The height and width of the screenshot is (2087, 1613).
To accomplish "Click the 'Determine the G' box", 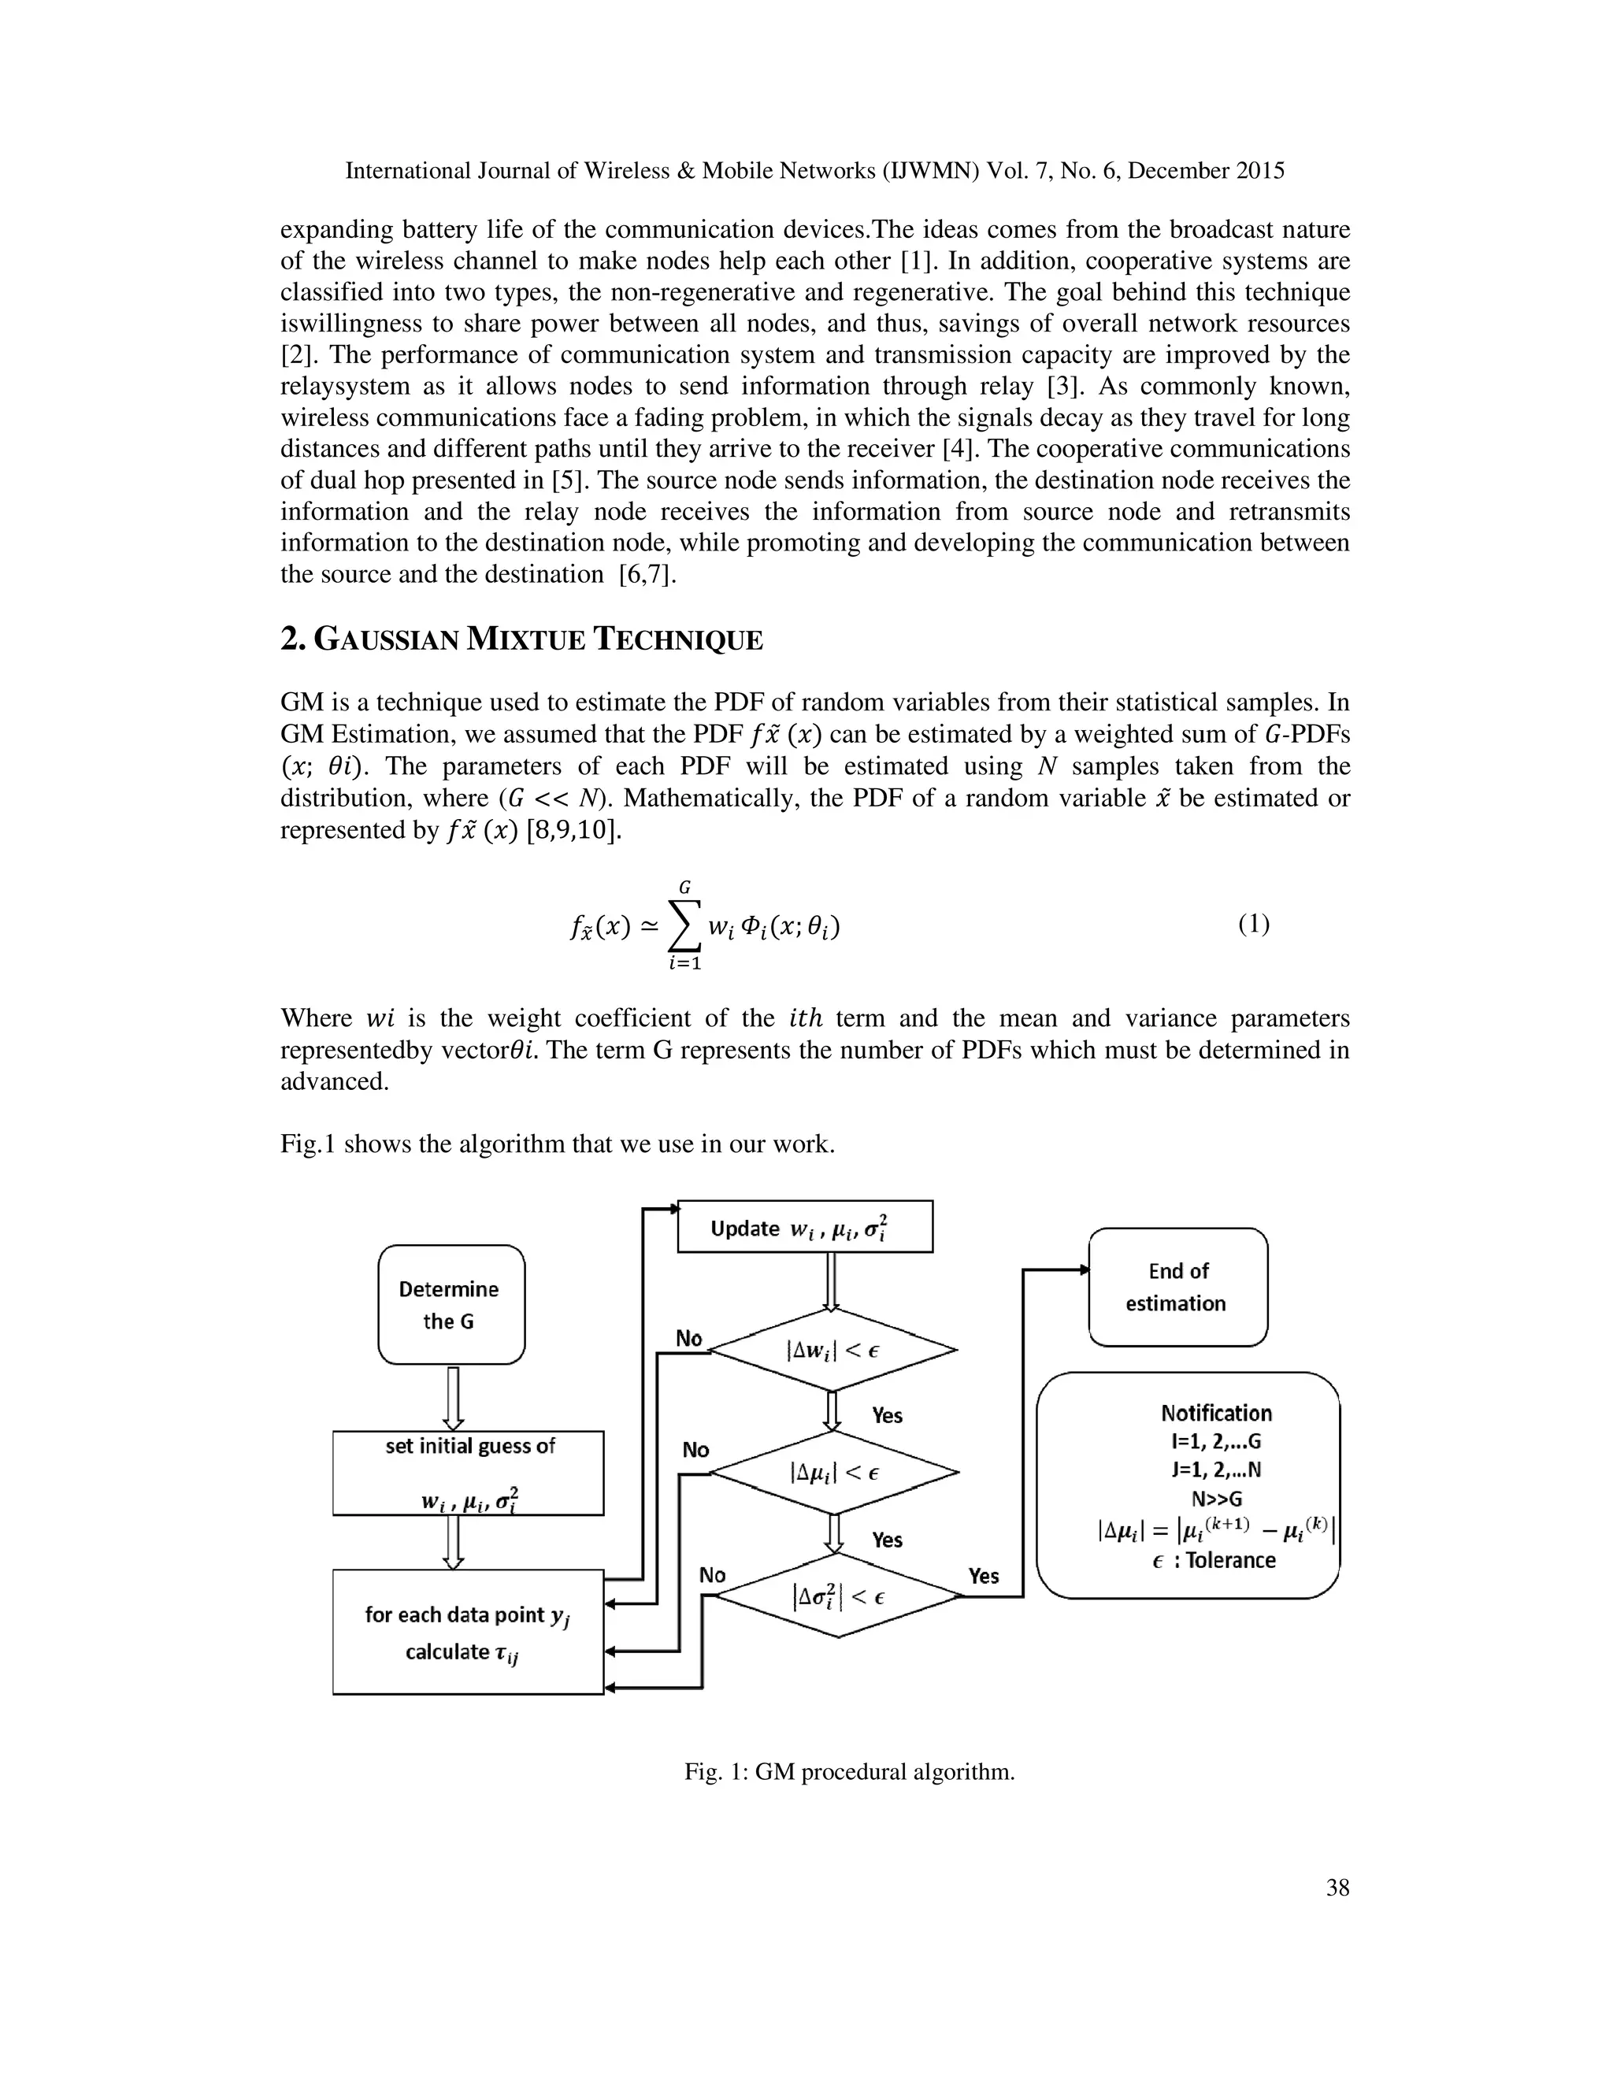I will (x=451, y=1304).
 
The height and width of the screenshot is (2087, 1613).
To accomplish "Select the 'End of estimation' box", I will (x=1177, y=1286).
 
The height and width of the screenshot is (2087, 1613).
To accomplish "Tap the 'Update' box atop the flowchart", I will (x=805, y=1227).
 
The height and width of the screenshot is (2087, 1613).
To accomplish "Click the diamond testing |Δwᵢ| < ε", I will (x=833, y=1350).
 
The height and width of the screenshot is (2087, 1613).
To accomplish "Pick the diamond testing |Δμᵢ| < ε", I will (x=834, y=1473).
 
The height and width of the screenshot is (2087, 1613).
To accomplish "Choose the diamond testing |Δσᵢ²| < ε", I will (x=838, y=1595).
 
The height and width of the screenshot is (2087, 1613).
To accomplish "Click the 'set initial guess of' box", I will (x=469, y=1472).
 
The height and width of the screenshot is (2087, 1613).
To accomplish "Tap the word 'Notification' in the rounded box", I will (x=1215, y=1414).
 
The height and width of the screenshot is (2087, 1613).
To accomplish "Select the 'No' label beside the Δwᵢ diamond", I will (x=689, y=1339).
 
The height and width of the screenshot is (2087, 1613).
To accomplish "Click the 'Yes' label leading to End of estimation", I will (x=983, y=1576).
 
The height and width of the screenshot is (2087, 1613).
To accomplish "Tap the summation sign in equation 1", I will (x=684, y=926).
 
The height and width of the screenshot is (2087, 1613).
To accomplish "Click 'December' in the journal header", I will (x=1180, y=171).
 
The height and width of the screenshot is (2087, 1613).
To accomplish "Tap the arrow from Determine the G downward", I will (x=453, y=1398).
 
